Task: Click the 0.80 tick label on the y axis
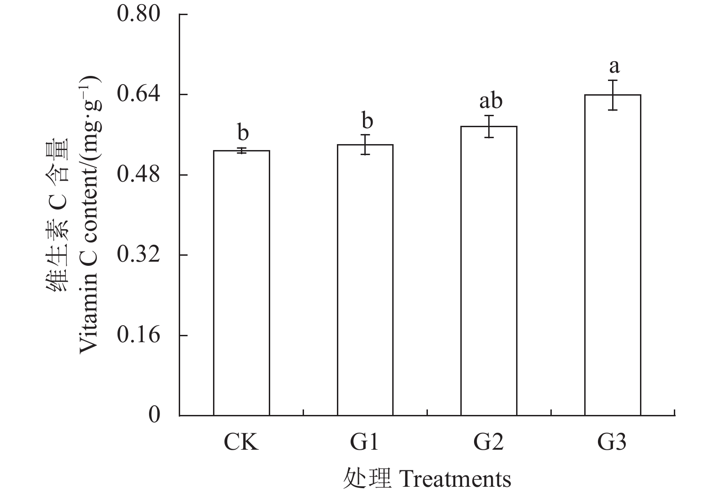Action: click(x=139, y=14)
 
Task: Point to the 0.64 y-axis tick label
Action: click(x=139, y=94)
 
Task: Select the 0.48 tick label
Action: click(x=139, y=175)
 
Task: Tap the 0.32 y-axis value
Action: click(x=139, y=255)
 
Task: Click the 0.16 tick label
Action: click(x=139, y=335)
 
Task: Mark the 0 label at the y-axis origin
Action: click(x=155, y=415)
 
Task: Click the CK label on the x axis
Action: click(x=241, y=443)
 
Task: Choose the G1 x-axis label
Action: click(x=365, y=443)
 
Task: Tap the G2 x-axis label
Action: click(x=489, y=443)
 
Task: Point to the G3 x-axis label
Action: click(x=613, y=443)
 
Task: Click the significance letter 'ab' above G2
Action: click(x=491, y=101)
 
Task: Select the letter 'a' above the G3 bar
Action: click(x=614, y=67)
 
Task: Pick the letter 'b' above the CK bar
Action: click(x=243, y=133)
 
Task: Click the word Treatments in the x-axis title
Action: click(x=455, y=479)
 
